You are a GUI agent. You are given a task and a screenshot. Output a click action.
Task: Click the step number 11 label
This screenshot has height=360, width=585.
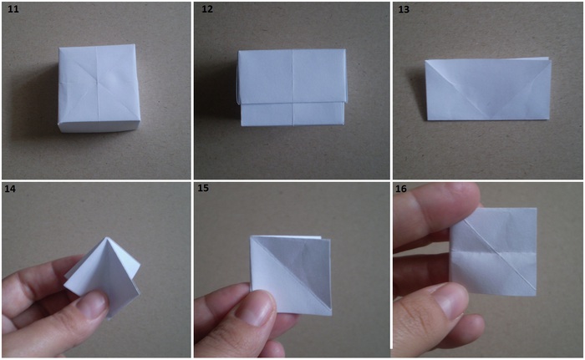coord(13,8)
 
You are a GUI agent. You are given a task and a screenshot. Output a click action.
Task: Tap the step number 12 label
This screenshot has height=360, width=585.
coord(207,8)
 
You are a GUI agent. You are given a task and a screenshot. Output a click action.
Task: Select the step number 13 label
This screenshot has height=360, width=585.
coord(404,9)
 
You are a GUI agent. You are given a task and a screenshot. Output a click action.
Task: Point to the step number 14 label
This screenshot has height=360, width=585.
coord(10,189)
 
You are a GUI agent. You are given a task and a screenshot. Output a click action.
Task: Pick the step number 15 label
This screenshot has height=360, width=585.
coord(203,188)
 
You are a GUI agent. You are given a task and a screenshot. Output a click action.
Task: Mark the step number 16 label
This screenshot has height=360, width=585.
coord(401,189)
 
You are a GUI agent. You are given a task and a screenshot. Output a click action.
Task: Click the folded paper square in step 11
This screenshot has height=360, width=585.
coord(99,88)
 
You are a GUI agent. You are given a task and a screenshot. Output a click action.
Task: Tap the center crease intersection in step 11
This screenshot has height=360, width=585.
coord(98,79)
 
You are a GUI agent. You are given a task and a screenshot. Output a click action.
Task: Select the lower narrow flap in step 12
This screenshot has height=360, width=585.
coord(292,114)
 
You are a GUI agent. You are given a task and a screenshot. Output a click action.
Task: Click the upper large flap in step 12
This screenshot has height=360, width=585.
coord(292,77)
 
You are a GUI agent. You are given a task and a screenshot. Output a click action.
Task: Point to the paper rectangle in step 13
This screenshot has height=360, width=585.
coord(488,89)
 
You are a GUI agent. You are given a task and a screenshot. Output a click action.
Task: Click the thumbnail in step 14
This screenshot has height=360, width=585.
coord(91,305)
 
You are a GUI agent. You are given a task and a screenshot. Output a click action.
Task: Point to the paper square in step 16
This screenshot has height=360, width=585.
coord(493,251)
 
